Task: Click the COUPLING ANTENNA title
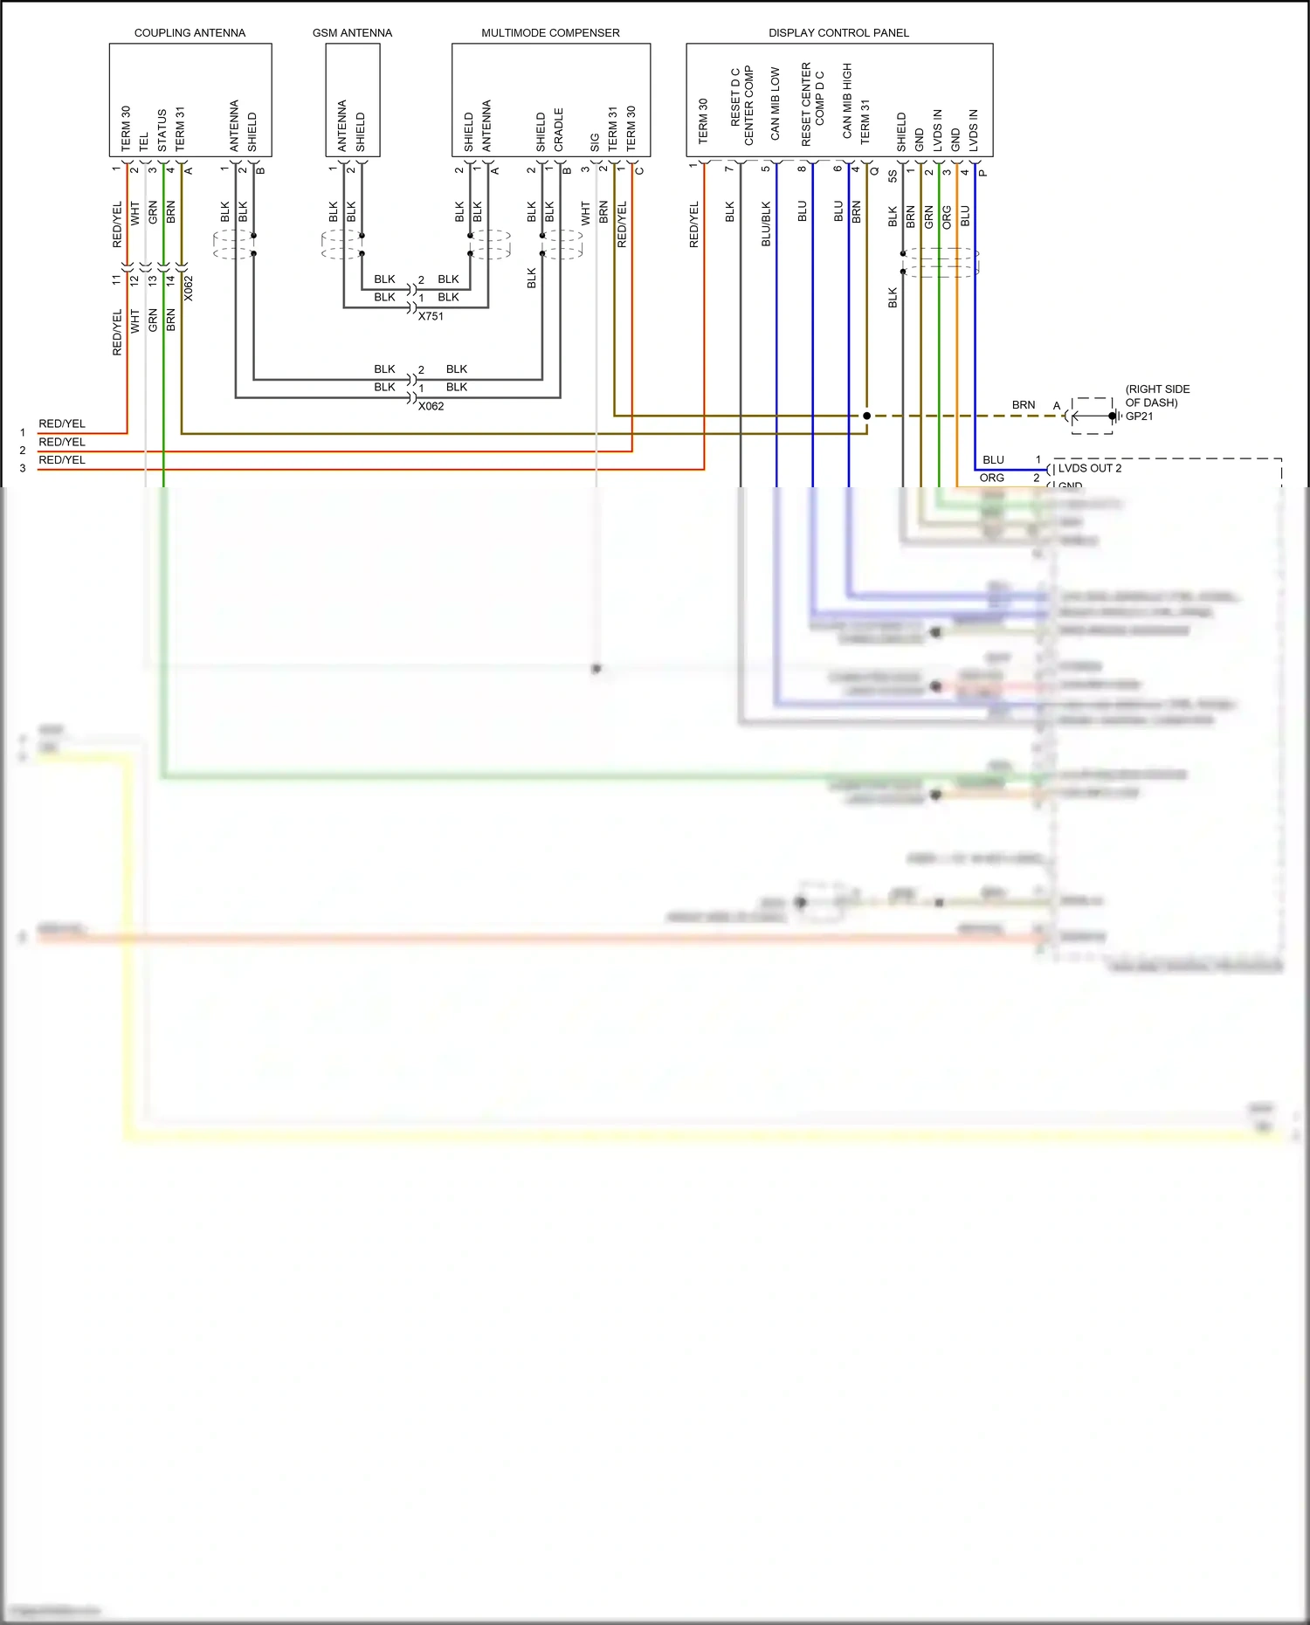click(x=190, y=33)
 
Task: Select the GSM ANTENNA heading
click(x=352, y=33)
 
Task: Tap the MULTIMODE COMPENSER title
click(x=550, y=33)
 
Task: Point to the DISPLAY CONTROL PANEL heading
click(x=838, y=33)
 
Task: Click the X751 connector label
click(x=431, y=316)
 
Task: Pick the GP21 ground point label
click(x=1139, y=417)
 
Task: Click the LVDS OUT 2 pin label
click(x=1089, y=468)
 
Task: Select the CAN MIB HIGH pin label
click(x=847, y=100)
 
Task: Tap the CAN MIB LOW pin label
click(x=775, y=104)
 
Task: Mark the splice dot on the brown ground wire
click(x=866, y=416)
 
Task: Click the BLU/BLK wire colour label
click(x=766, y=224)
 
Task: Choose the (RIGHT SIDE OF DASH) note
click(x=1156, y=396)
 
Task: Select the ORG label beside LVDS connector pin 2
click(x=991, y=478)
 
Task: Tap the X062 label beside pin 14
click(x=189, y=288)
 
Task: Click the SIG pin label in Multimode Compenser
click(x=595, y=141)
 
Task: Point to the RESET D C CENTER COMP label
click(x=741, y=106)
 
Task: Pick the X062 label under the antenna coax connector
click(x=431, y=406)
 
